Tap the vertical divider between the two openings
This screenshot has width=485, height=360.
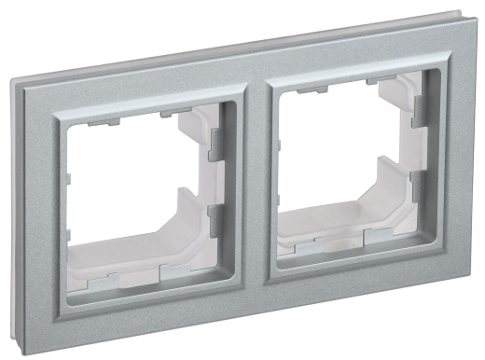pyautogui.click(x=254, y=182)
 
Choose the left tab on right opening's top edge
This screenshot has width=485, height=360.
pyautogui.click(x=308, y=93)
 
